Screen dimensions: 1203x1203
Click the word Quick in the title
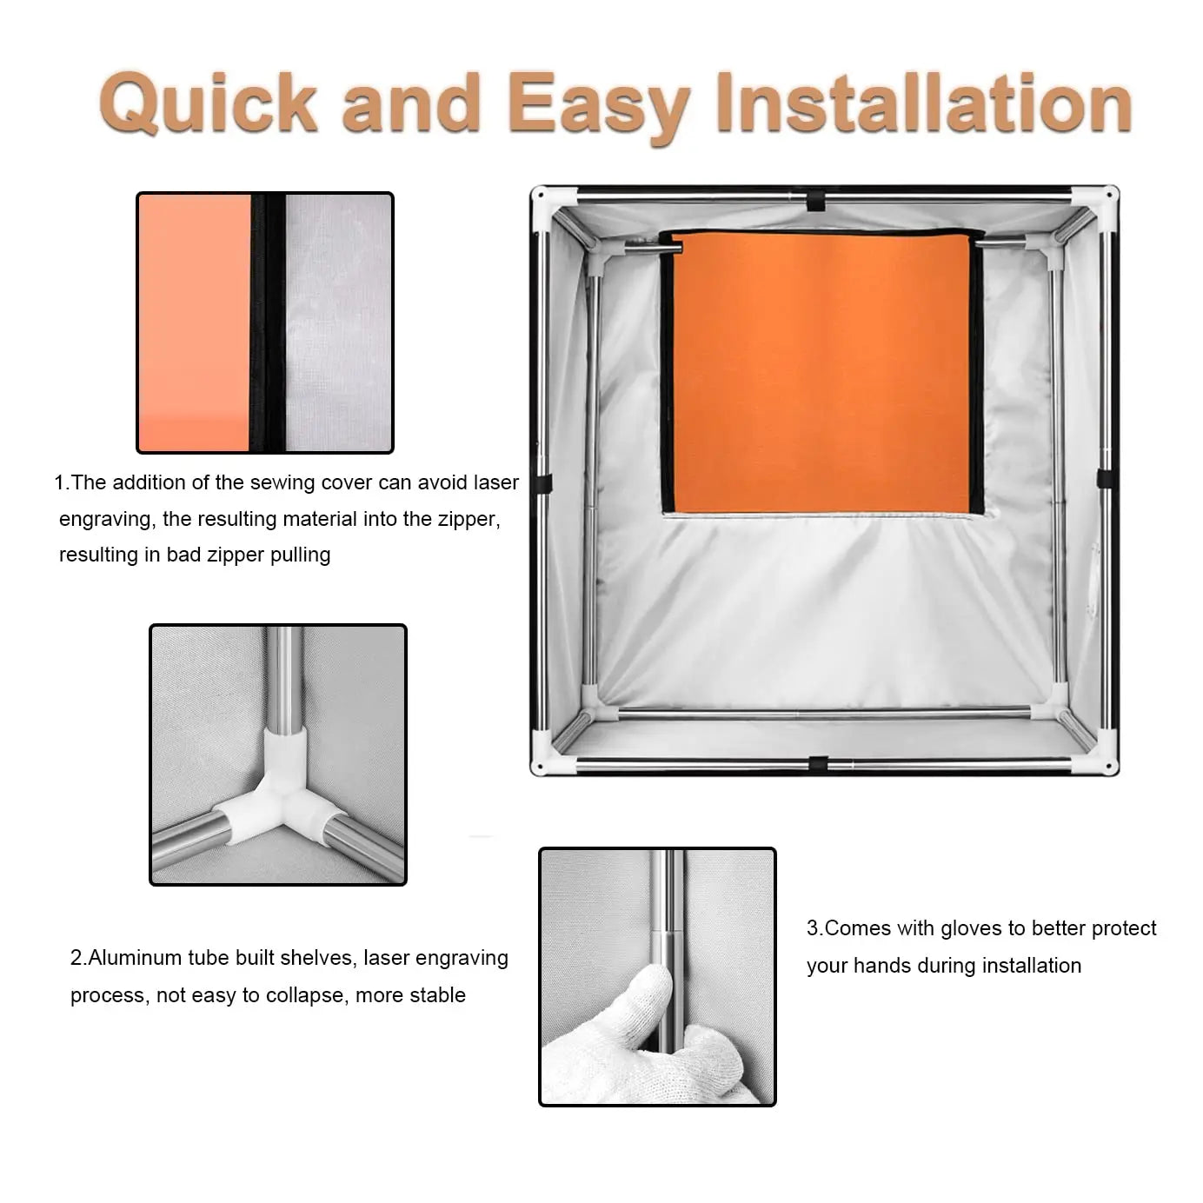tap(209, 103)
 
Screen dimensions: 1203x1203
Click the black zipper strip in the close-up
tap(268, 322)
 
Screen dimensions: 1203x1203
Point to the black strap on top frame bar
tap(815, 201)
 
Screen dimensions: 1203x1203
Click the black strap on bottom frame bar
tap(818, 764)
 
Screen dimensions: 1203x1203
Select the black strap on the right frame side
tap(1105, 478)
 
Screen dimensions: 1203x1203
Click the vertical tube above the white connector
tap(284, 678)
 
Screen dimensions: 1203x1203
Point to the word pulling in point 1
tap(300, 555)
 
